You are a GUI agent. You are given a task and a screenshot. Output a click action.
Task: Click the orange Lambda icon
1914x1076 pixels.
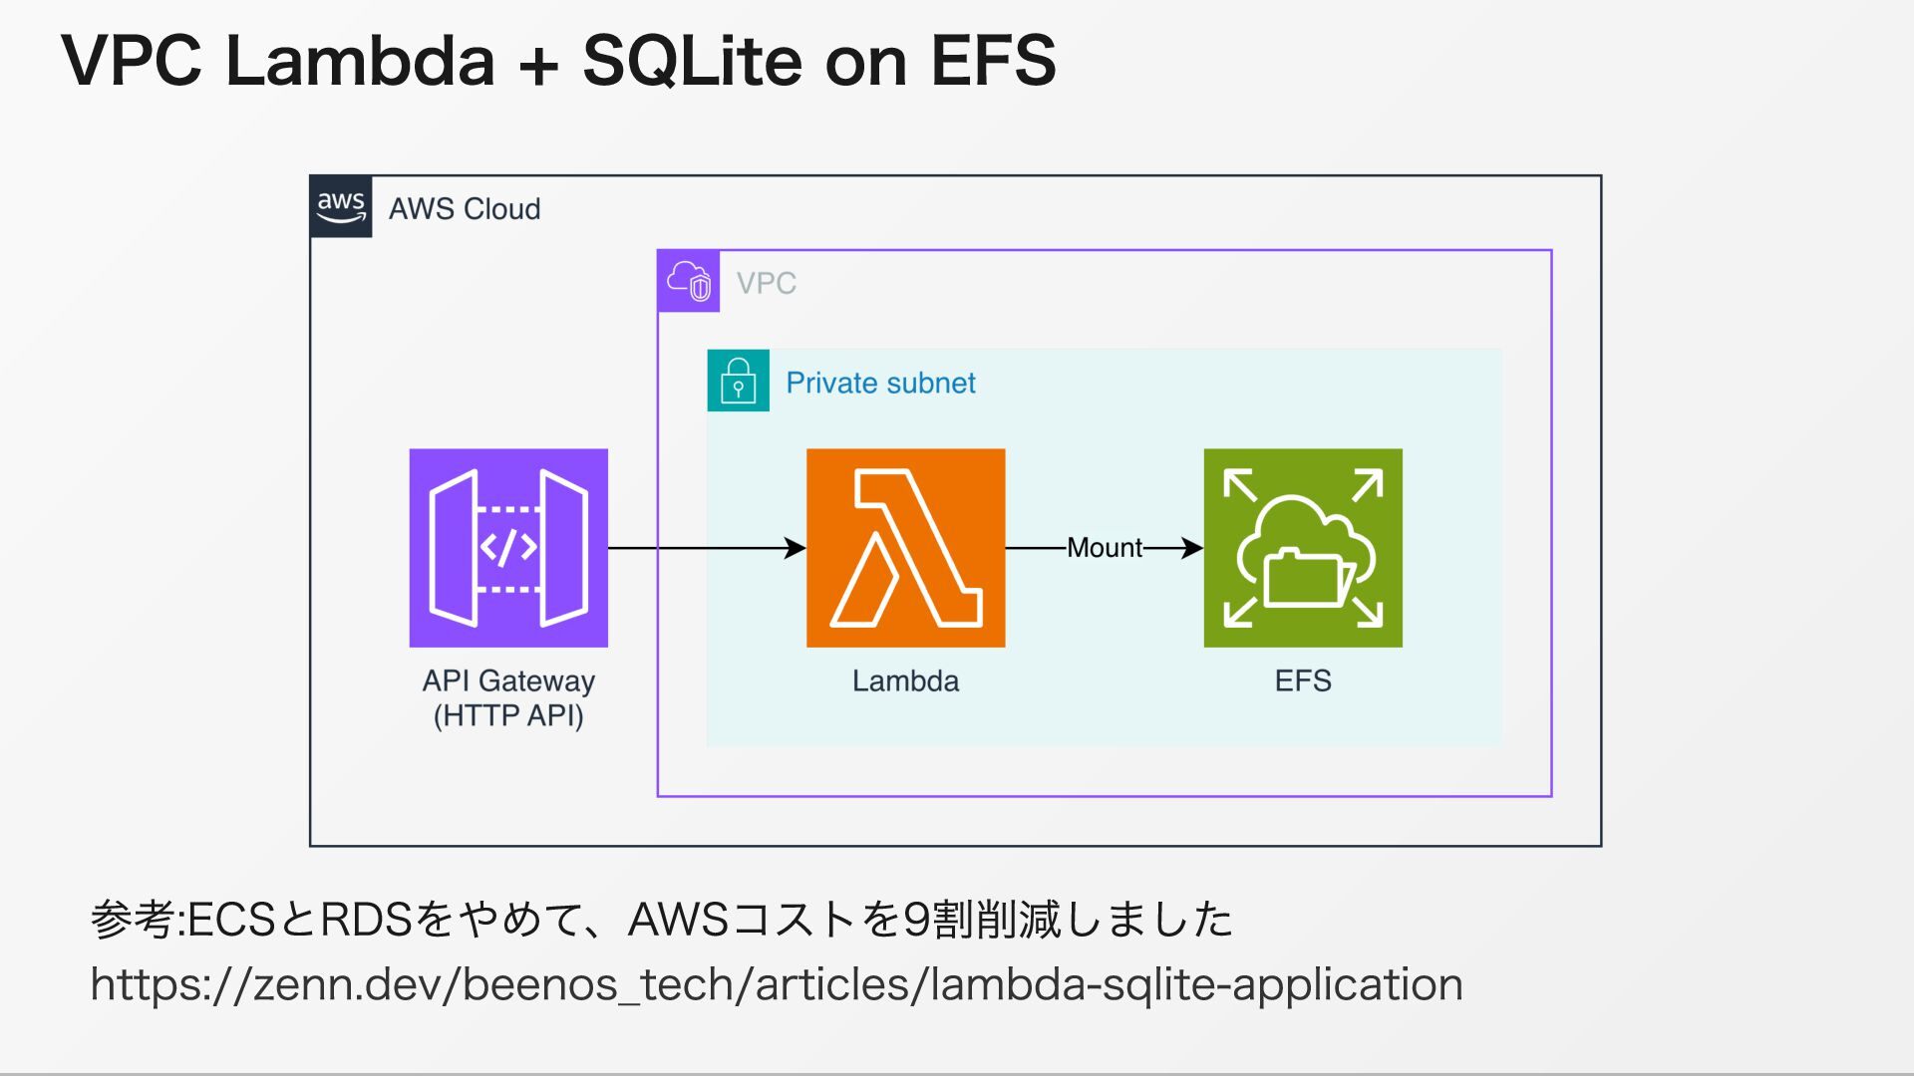(905, 548)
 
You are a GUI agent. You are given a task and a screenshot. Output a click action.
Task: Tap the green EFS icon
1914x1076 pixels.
(1302, 548)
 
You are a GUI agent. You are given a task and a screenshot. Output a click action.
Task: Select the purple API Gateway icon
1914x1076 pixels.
(508, 548)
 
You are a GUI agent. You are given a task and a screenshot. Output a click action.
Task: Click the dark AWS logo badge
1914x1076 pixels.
(341, 207)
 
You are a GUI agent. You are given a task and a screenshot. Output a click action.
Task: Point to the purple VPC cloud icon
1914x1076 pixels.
(689, 281)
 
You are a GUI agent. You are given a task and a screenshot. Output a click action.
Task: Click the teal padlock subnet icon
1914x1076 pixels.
(738, 380)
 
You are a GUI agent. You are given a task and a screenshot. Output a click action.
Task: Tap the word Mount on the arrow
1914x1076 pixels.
(1105, 548)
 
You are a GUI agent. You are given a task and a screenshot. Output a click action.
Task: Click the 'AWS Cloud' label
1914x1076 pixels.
(465, 209)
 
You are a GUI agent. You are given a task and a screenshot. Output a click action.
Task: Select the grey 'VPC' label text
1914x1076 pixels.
(766, 283)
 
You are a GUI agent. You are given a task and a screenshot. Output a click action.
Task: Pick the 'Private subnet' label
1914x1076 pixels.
(880, 383)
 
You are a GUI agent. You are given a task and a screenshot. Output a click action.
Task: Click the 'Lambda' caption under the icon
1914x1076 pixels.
(905, 681)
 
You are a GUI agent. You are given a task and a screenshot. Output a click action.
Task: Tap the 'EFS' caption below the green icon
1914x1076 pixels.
(1303, 681)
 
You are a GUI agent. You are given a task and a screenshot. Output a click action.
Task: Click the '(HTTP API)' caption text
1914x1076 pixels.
(508, 716)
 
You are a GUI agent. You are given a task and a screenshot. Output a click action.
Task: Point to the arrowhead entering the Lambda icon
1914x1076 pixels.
(795, 548)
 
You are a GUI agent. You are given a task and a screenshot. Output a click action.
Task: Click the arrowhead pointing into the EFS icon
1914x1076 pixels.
(1191, 548)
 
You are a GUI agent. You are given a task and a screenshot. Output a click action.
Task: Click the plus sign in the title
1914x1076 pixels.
(538, 64)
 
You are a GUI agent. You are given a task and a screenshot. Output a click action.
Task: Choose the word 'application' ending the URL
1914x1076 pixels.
(1347, 984)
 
